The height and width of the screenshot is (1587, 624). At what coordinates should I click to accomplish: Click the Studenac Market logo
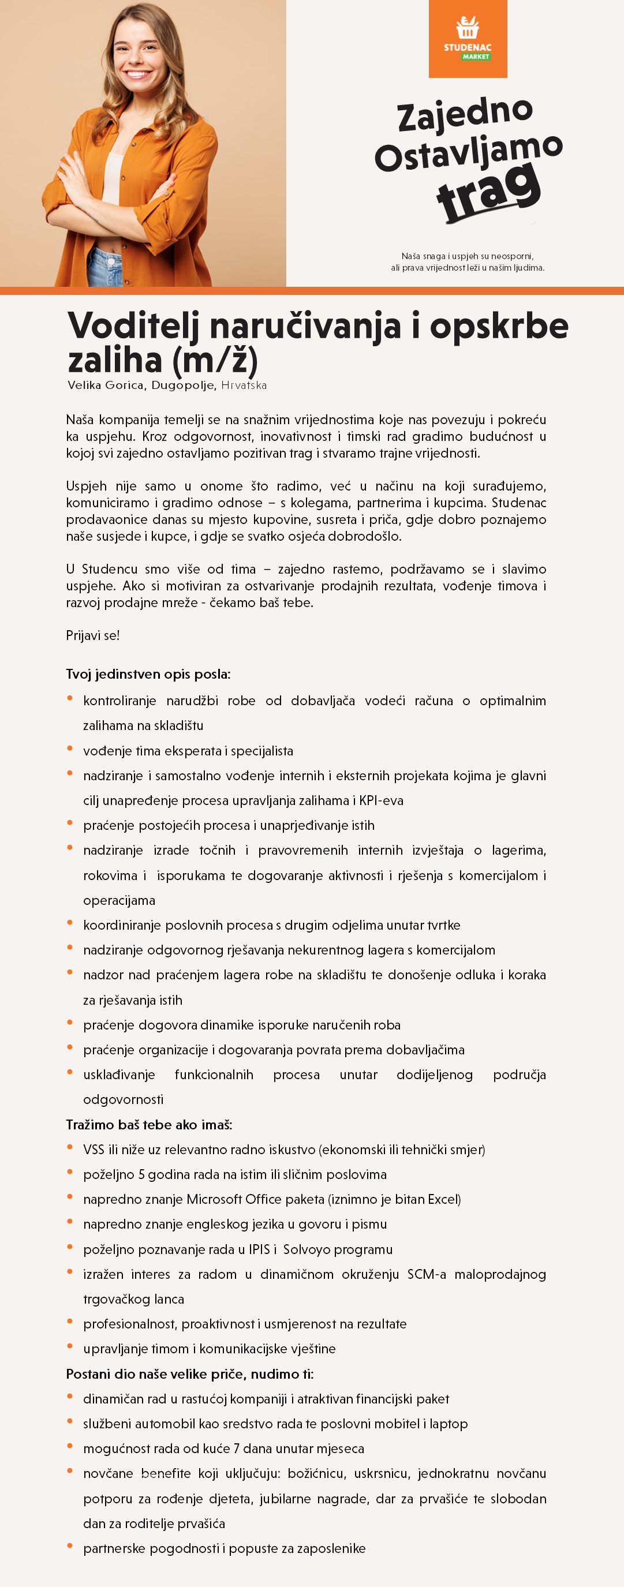tap(468, 39)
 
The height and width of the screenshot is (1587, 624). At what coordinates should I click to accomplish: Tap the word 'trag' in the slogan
tap(488, 193)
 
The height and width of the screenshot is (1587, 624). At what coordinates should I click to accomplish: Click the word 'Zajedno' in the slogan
tap(465, 115)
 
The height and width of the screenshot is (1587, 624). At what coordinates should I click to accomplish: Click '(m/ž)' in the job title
tap(215, 361)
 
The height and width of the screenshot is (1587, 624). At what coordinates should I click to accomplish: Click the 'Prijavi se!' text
tap(93, 636)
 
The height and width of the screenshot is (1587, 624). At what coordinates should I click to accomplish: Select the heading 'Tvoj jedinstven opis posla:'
tap(148, 674)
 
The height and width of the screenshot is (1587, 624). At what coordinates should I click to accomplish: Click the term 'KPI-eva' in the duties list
tap(382, 801)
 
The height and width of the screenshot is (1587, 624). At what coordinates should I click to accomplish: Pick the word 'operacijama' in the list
tap(119, 901)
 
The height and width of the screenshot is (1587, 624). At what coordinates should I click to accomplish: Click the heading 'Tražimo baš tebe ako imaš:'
tap(149, 1125)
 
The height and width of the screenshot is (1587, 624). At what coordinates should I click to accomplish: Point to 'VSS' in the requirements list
tap(94, 1150)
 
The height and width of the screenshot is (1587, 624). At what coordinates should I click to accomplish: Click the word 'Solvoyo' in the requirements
tap(309, 1249)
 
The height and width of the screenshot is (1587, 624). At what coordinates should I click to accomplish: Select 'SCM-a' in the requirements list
tap(426, 1274)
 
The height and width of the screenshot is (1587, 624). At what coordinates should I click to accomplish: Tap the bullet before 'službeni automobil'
tap(70, 1422)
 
